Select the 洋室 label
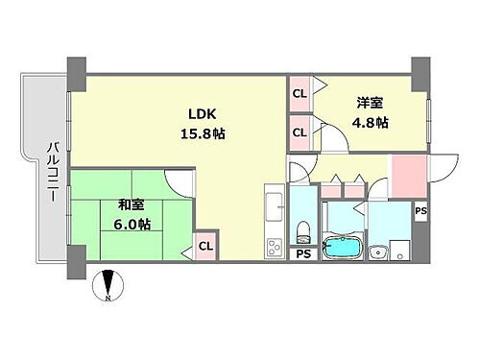pos(372,104)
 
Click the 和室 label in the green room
pos(132,204)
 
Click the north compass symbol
pos(108,285)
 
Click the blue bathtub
pos(340,246)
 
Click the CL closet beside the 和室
pos(205,247)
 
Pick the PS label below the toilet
pos(303,254)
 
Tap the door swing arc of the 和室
pos(177,183)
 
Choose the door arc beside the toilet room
pos(300,173)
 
